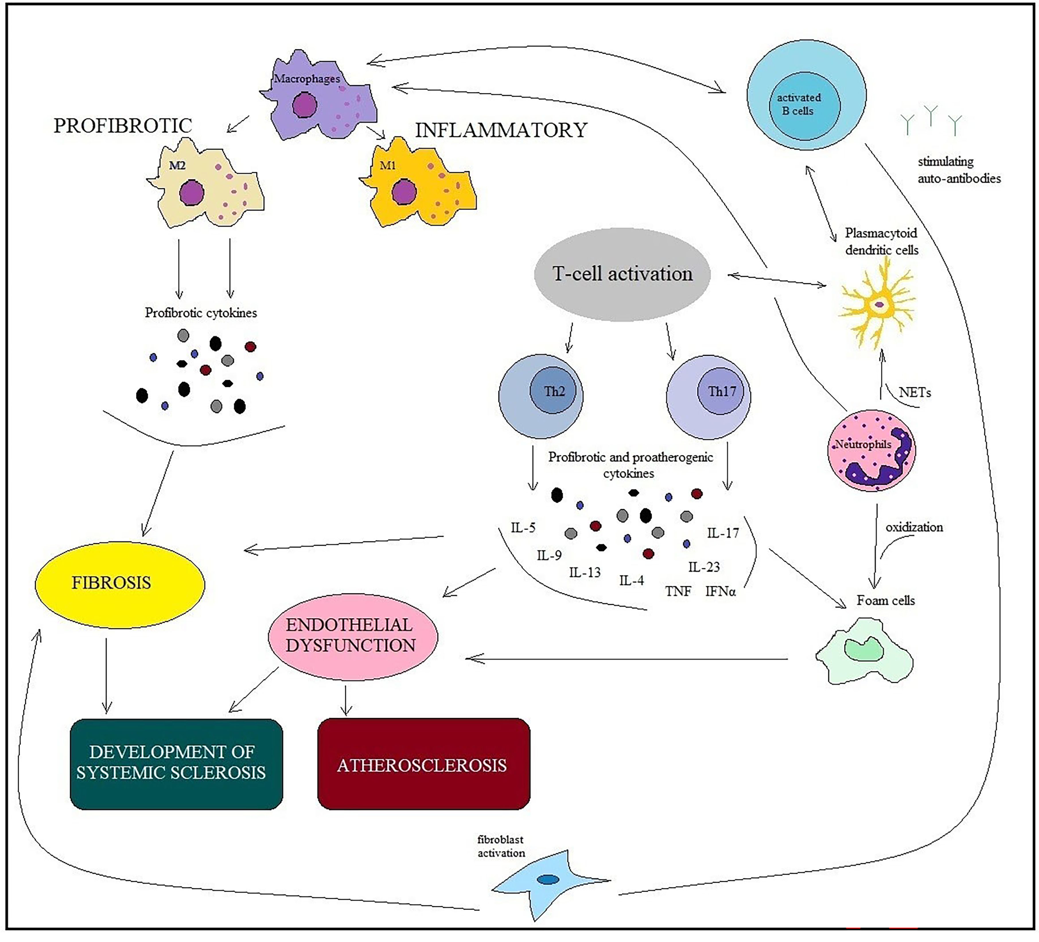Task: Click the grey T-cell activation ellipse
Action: pos(622,274)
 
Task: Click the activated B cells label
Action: pos(798,104)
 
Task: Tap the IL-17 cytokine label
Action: pos(723,533)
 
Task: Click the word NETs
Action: pos(915,393)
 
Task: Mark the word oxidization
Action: pos(914,527)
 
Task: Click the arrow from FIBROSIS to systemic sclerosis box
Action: pos(106,675)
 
